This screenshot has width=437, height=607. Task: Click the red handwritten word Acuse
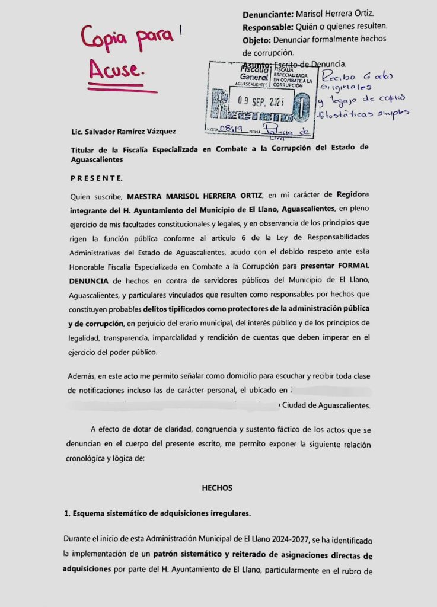(x=116, y=71)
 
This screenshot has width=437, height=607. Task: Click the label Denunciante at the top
(x=268, y=14)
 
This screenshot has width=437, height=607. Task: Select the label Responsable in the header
(x=267, y=27)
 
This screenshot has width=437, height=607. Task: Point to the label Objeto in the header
(x=257, y=39)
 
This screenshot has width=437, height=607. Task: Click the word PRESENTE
(x=97, y=178)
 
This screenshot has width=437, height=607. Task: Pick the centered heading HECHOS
(x=217, y=488)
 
